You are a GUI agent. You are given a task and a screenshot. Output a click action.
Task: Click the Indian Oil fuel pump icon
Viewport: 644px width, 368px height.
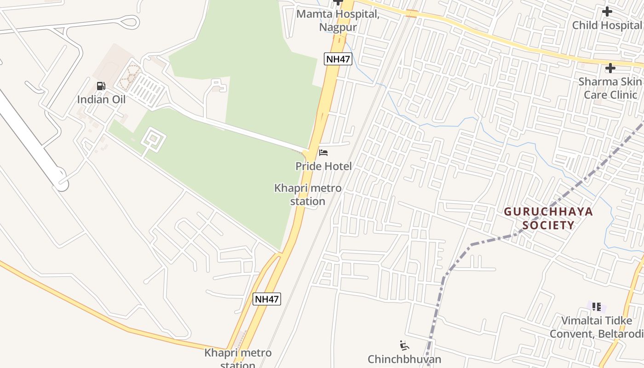point(101,86)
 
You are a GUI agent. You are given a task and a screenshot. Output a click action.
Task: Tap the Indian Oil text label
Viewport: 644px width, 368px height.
point(101,99)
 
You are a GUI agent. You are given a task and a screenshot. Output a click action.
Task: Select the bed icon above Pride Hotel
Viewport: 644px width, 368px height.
point(323,153)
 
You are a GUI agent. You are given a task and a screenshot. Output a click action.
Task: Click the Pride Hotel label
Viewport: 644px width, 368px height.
point(323,166)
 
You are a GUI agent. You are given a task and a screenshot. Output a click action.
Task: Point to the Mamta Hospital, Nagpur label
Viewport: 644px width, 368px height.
point(338,20)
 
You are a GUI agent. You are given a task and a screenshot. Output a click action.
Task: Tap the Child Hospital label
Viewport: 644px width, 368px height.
point(606,25)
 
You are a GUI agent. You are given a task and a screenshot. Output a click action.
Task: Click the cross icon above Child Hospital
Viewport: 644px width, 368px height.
point(607,11)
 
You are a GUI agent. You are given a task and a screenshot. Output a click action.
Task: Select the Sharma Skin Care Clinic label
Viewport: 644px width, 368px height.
point(610,88)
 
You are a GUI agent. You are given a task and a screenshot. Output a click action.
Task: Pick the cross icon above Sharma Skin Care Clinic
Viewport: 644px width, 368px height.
point(610,69)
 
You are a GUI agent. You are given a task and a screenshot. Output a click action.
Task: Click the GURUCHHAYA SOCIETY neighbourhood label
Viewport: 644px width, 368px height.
point(548,218)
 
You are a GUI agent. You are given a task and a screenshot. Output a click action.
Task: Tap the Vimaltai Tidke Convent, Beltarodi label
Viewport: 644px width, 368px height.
point(597,327)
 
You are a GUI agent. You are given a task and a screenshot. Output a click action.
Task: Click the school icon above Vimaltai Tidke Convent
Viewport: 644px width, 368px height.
point(597,307)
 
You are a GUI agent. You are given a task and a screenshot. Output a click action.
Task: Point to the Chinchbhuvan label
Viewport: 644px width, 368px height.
point(404,359)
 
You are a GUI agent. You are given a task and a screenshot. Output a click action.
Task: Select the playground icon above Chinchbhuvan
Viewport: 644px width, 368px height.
point(404,345)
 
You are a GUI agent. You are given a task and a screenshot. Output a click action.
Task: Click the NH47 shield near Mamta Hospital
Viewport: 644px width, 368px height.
point(338,59)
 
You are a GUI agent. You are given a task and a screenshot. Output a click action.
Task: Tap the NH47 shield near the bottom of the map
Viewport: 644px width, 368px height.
point(267,299)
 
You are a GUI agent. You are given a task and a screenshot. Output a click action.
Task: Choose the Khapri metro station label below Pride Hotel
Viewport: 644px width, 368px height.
point(308,195)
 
